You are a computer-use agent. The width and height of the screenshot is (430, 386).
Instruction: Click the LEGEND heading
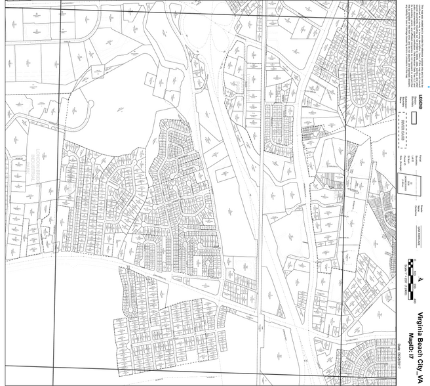422,105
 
